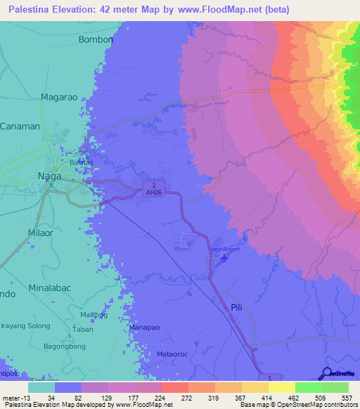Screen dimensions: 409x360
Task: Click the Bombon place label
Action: tap(96, 40)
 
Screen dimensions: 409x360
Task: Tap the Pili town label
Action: tap(237, 308)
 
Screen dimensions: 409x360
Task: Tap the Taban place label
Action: tap(83, 329)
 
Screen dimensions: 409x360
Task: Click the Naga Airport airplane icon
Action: tap(224, 259)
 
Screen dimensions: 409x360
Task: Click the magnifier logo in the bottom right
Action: tap(327, 374)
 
